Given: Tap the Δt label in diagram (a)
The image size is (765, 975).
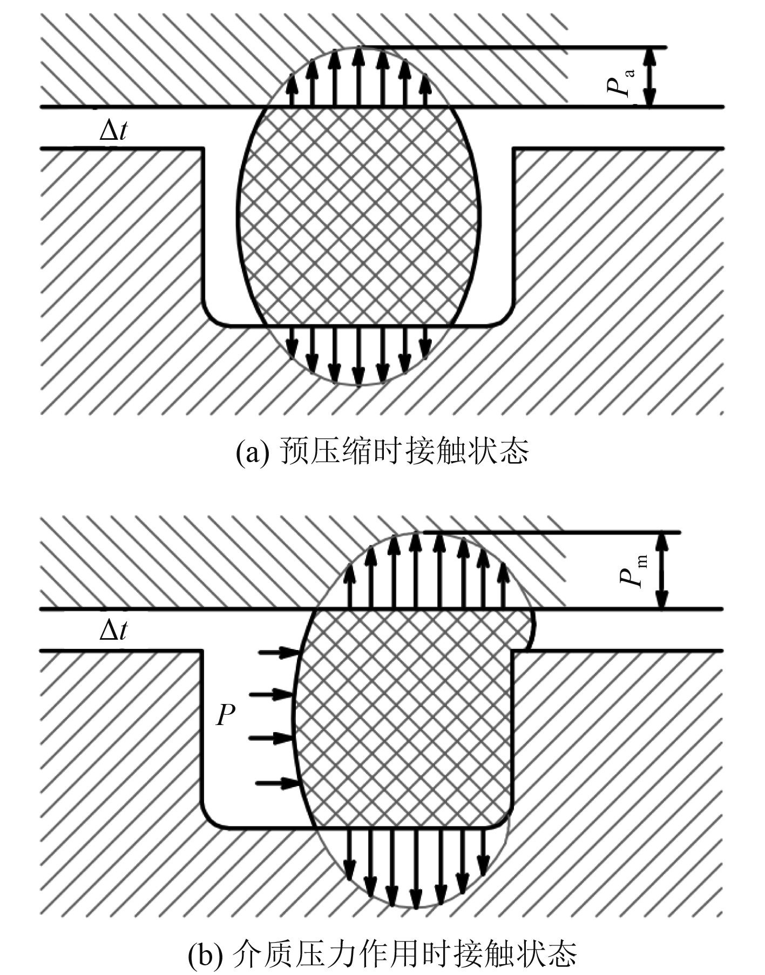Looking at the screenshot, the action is (x=113, y=130).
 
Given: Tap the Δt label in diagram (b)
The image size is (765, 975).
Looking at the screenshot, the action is (x=113, y=630).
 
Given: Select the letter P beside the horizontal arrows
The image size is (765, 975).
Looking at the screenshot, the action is (x=226, y=716).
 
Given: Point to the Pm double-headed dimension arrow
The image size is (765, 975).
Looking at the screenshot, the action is (x=662, y=570).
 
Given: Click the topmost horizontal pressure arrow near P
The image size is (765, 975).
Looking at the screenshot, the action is (x=279, y=652).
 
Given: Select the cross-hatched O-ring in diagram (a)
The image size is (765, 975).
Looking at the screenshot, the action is (x=358, y=216).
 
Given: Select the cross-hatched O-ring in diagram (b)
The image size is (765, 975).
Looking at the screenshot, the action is (x=405, y=718).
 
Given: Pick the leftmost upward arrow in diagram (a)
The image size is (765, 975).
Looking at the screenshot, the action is (x=292, y=90).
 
